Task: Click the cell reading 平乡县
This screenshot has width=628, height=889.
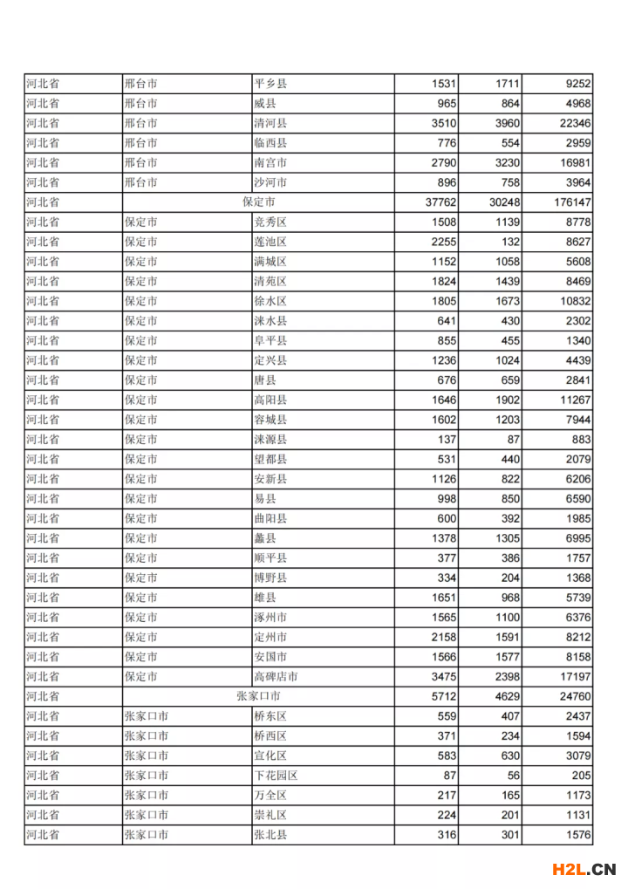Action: click(270, 84)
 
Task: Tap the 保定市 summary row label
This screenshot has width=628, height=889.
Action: click(258, 202)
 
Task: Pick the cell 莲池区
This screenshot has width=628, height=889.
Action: click(270, 242)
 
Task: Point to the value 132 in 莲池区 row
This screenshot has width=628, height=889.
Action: click(509, 242)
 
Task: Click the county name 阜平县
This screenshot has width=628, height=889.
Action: click(270, 340)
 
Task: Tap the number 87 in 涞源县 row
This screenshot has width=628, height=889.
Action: click(513, 439)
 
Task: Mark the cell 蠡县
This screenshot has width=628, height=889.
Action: click(265, 538)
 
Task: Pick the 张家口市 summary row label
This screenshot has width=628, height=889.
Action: click(258, 696)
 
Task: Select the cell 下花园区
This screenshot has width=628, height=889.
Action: click(276, 775)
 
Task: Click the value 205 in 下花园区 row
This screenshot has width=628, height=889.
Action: click(581, 775)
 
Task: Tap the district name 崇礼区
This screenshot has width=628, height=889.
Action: click(270, 815)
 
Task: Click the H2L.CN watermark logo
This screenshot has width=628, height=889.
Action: click(584, 869)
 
